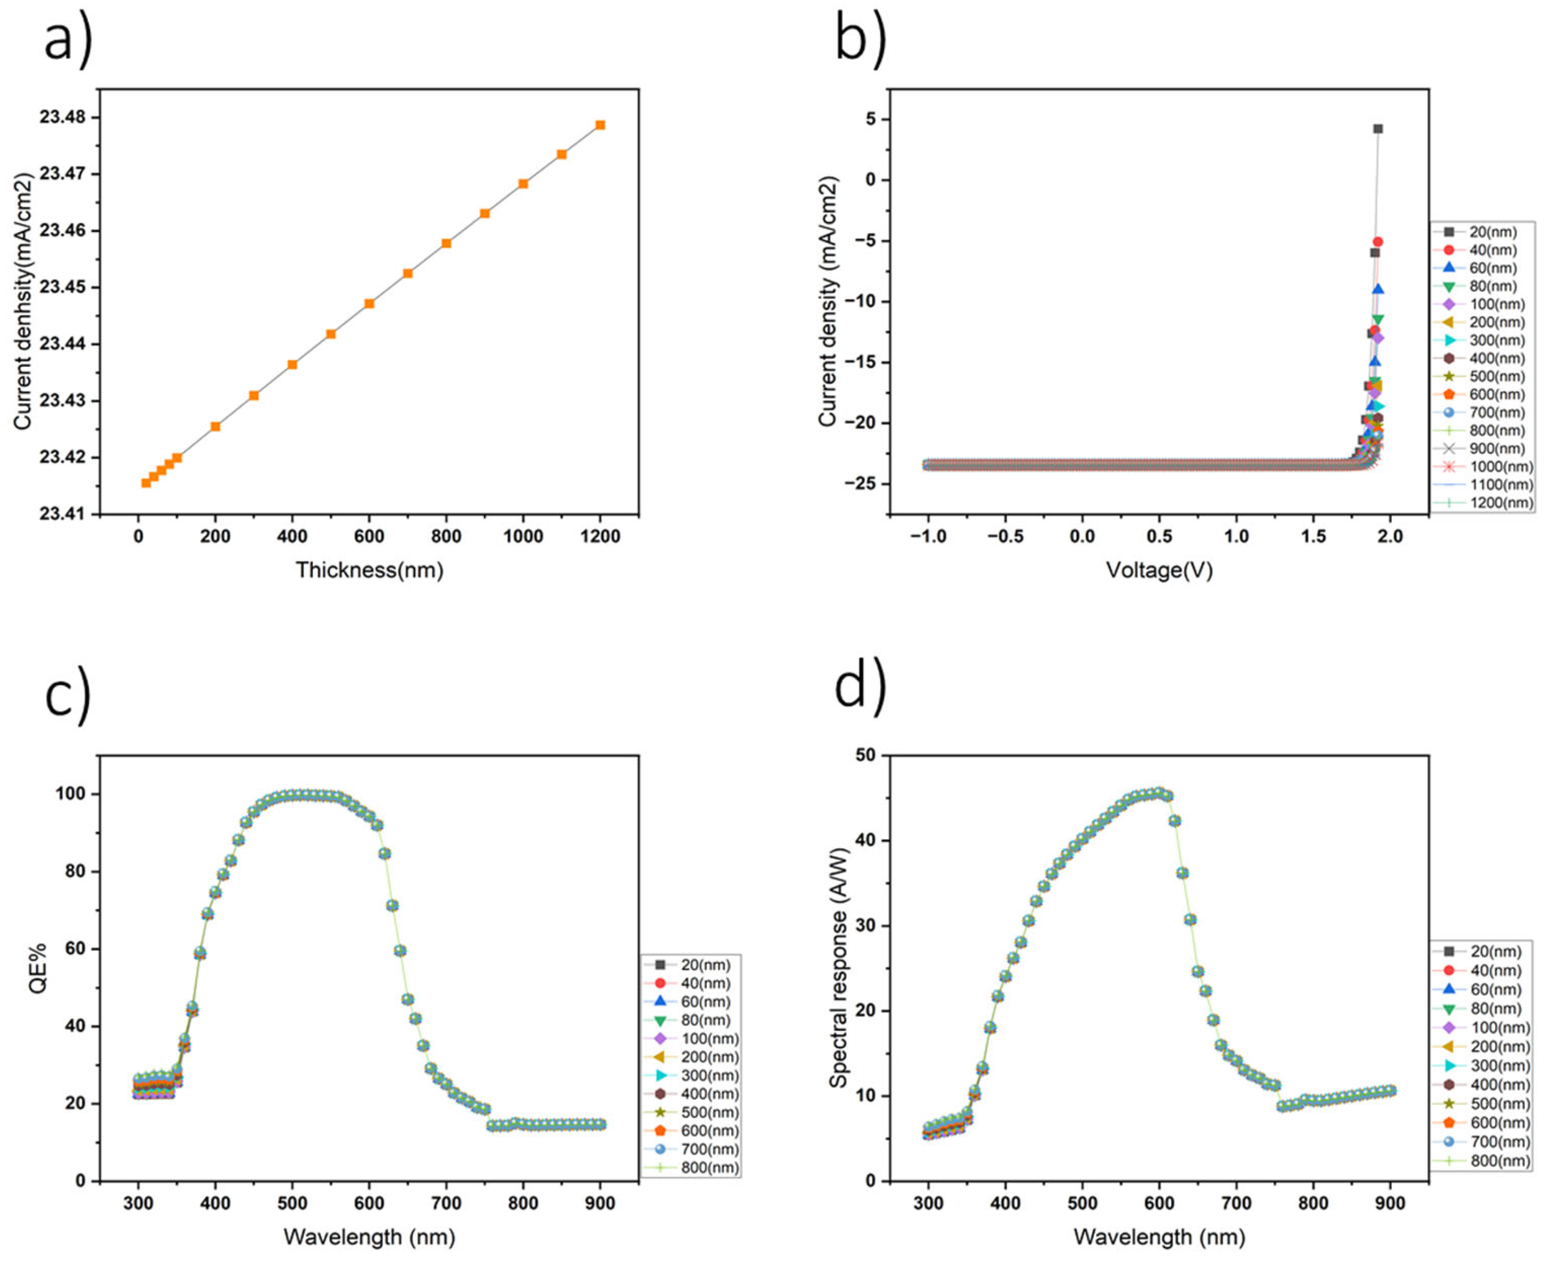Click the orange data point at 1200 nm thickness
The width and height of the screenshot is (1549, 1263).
tap(600, 125)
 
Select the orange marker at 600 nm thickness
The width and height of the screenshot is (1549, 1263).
tap(369, 303)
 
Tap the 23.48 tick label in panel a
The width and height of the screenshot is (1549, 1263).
tap(62, 117)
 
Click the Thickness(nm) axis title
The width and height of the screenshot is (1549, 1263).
tap(369, 570)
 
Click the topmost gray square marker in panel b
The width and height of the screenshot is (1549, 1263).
tap(1377, 129)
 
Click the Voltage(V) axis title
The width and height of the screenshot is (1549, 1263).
tap(1159, 570)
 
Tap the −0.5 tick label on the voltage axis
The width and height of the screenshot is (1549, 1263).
tap(1005, 537)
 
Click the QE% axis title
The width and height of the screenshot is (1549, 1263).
tap(38, 968)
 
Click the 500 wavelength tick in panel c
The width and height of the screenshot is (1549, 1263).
tap(292, 1203)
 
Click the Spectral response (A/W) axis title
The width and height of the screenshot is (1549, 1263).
tap(838, 968)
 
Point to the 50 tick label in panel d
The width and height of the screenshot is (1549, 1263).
tap(865, 755)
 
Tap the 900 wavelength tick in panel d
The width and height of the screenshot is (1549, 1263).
tap(1390, 1203)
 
